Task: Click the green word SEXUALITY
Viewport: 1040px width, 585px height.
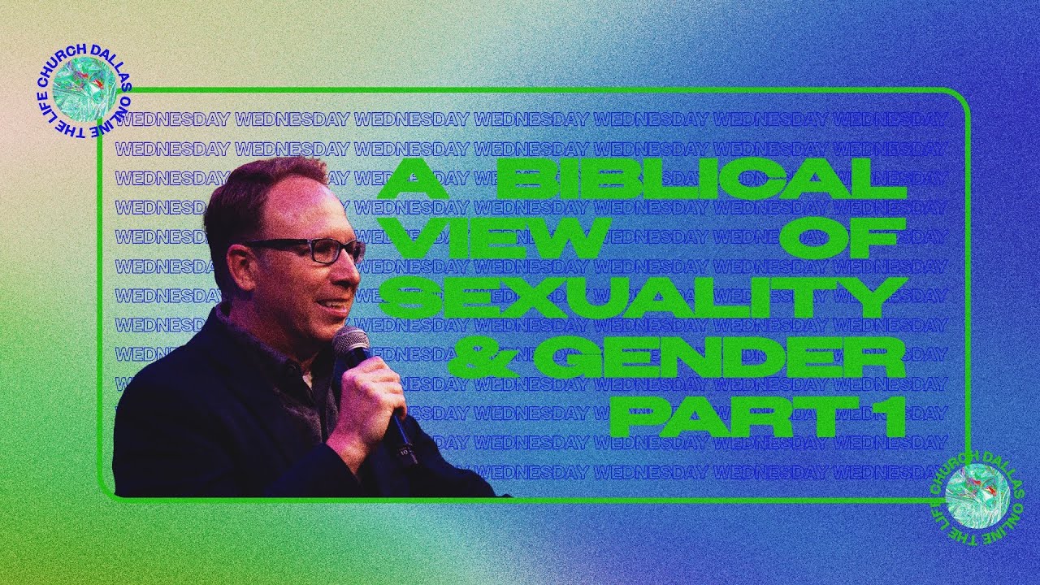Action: pyautogui.click(x=642, y=297)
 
